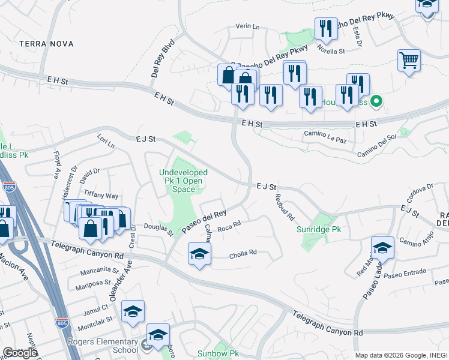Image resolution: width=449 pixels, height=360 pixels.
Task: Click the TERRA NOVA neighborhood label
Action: click(46, 44)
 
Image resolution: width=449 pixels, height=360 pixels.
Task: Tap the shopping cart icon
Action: click(409, 60)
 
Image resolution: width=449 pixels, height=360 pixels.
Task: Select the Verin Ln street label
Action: click(247, 27)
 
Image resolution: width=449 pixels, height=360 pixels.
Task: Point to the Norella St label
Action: click(331, 51)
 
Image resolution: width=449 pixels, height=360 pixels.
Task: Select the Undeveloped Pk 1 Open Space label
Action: click(183, 181)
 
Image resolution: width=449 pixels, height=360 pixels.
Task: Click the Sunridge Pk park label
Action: click(319, 229)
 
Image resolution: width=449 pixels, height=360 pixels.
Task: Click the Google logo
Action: click(20, 353)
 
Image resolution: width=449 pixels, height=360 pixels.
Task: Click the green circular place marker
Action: click(376, 101)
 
